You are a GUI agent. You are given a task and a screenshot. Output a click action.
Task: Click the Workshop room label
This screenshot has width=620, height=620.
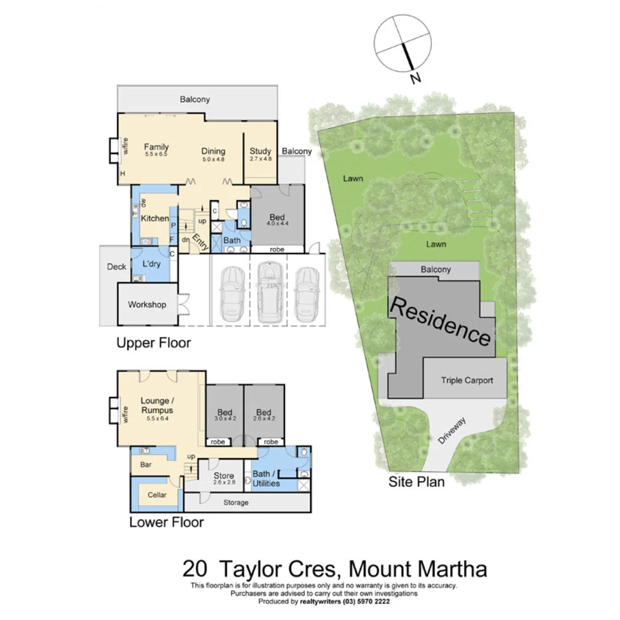[147, 304]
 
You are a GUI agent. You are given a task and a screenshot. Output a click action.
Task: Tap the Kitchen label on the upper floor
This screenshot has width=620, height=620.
[155, 218]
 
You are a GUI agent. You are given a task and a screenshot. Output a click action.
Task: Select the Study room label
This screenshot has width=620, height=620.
[260, 152]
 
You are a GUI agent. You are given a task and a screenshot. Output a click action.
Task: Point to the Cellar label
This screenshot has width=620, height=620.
[157, 495]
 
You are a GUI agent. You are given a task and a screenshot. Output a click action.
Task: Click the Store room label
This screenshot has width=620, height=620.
[224, 476]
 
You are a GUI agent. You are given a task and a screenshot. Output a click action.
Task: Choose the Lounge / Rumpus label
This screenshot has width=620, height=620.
[157, 405]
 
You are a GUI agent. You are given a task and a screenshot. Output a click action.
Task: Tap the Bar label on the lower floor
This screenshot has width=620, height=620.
[146, 464]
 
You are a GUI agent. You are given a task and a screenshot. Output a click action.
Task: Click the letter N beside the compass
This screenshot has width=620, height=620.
[416, 79]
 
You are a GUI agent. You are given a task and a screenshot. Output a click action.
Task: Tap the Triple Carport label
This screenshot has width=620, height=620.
[467, 380]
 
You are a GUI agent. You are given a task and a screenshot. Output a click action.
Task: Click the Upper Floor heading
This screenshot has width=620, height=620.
[153, 343]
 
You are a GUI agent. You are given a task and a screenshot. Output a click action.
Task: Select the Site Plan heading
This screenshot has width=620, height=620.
[416, 482]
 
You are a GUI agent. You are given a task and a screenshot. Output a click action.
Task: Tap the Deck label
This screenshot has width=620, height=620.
[117, 267]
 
